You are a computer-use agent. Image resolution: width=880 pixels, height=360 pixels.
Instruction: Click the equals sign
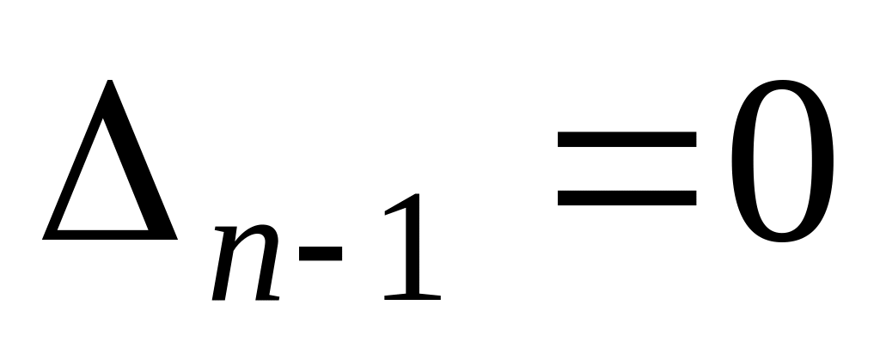(x=626, y=168)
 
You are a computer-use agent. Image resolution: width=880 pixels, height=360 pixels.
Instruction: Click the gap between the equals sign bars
(x=626, y=168)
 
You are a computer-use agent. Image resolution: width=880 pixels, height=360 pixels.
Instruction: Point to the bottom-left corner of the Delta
(x=46, y=235)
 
